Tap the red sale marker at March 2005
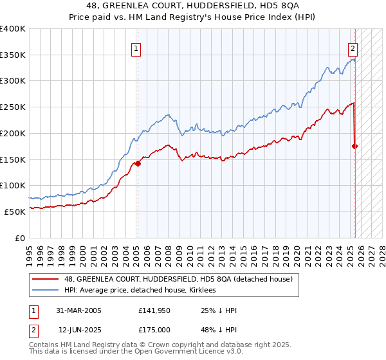click(x=138, y=163)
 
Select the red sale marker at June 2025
click(x=354, y=146)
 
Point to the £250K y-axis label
click(x=14, y=107)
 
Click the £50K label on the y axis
click(x=16, y=212)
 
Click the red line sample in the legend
click(x=45, y=279)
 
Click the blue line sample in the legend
click(x=45, y=291)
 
